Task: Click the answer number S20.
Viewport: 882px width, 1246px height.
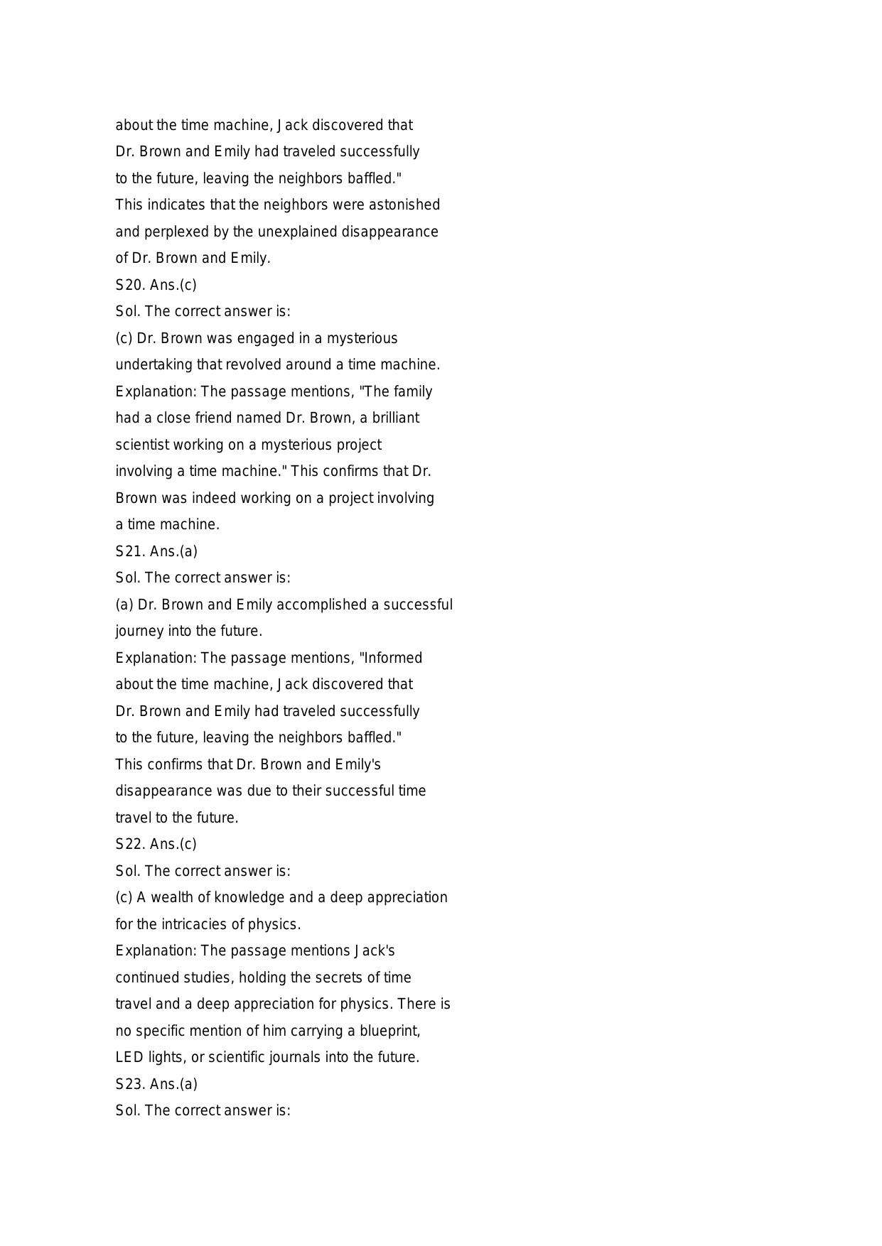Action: (130, 285)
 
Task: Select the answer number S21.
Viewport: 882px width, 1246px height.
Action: (130, 551)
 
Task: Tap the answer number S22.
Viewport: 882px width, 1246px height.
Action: (130, 844)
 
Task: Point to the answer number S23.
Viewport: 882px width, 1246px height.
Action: (130, 1084)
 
